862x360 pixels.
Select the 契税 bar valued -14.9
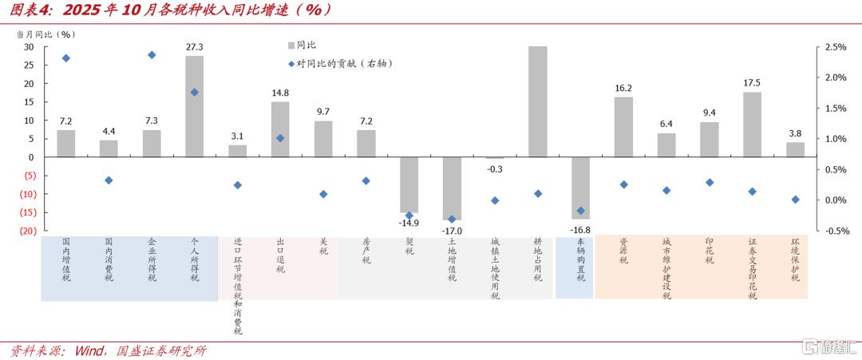(409, 184)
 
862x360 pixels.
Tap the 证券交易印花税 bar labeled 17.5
(752, 125)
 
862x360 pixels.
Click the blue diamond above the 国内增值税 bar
(66, 58)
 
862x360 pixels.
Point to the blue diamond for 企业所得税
(152, 55)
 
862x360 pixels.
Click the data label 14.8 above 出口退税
(280, 93)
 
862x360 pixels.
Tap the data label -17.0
(453, 231)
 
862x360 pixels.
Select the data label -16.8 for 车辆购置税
(580, 230)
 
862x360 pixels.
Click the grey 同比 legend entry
(301, 45)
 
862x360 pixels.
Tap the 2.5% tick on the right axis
(836, 47)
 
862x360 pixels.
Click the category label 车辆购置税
(580, 260)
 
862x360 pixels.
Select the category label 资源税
(623, 251)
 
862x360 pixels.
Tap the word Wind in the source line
(89, 350)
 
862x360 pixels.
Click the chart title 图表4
(29, 10)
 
